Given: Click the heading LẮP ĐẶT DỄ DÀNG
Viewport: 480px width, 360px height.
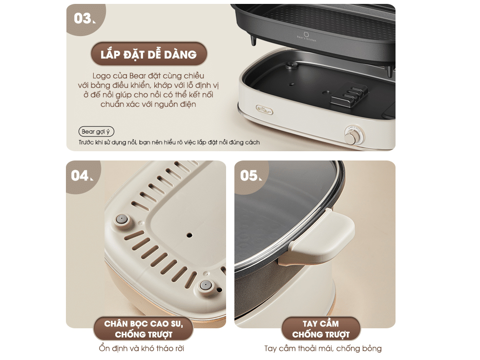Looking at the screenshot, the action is [x=149, y=55].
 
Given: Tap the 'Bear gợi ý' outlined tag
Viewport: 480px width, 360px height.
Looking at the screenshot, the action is [x=96, y=132].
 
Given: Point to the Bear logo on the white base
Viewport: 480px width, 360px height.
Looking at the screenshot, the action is [x=265, y=110].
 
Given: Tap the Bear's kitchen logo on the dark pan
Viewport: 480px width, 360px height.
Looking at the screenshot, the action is [x=307, y=36].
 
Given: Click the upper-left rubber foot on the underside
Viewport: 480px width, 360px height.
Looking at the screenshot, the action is [x=122, y=220].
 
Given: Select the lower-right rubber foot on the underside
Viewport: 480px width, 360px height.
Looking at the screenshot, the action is [x=206, y=285].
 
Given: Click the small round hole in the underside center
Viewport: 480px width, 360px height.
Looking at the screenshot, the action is [x=189, y=235].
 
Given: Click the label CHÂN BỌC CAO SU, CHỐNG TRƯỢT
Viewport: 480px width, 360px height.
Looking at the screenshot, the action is [x=143, y=329].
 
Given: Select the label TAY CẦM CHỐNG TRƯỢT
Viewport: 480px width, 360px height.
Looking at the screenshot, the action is [x=321, y=329].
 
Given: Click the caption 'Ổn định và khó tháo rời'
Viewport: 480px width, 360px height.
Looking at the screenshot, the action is [x=142, y=348].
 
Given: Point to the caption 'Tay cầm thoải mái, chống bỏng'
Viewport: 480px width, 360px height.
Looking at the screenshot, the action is [x=323, y=348].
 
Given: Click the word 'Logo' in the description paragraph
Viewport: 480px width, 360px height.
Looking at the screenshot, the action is [x=102, y=76].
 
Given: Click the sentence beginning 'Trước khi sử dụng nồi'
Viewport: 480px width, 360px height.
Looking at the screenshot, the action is [x=169, y=142].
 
